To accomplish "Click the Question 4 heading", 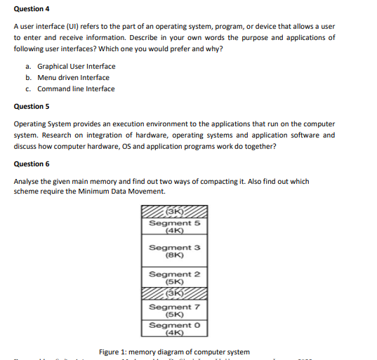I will pos(32,9).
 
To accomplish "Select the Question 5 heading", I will pos(32,107).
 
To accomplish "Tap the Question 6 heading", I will pos(32,164).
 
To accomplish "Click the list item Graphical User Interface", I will pos(76,67).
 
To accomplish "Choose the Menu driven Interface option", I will pos(73,78).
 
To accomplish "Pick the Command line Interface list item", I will pos(76,89).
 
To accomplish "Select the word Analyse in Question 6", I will pos(27,180).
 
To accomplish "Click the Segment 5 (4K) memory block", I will pos(174,227).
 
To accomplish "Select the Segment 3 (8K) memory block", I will pos(174,251).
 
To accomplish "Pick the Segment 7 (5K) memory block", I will pos(174,310).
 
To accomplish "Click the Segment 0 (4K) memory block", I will pos(174,328).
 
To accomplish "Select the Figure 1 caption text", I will pos(174,352).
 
